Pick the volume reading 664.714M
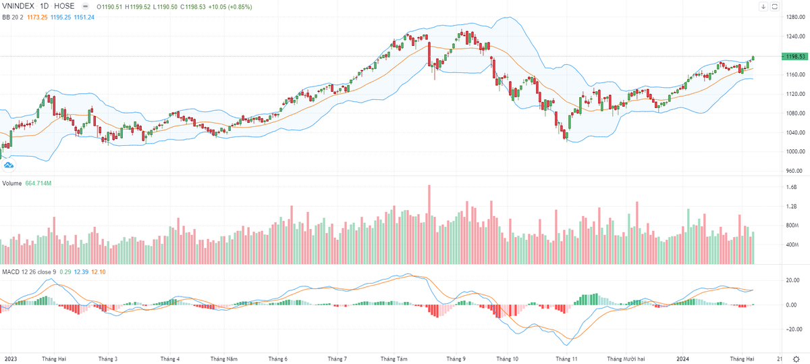pos(40,183)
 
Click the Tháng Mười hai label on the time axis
pos(627,359)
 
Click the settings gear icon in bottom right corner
pos(796,359)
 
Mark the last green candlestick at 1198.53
pos(753,59)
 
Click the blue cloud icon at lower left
pos(9,164)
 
